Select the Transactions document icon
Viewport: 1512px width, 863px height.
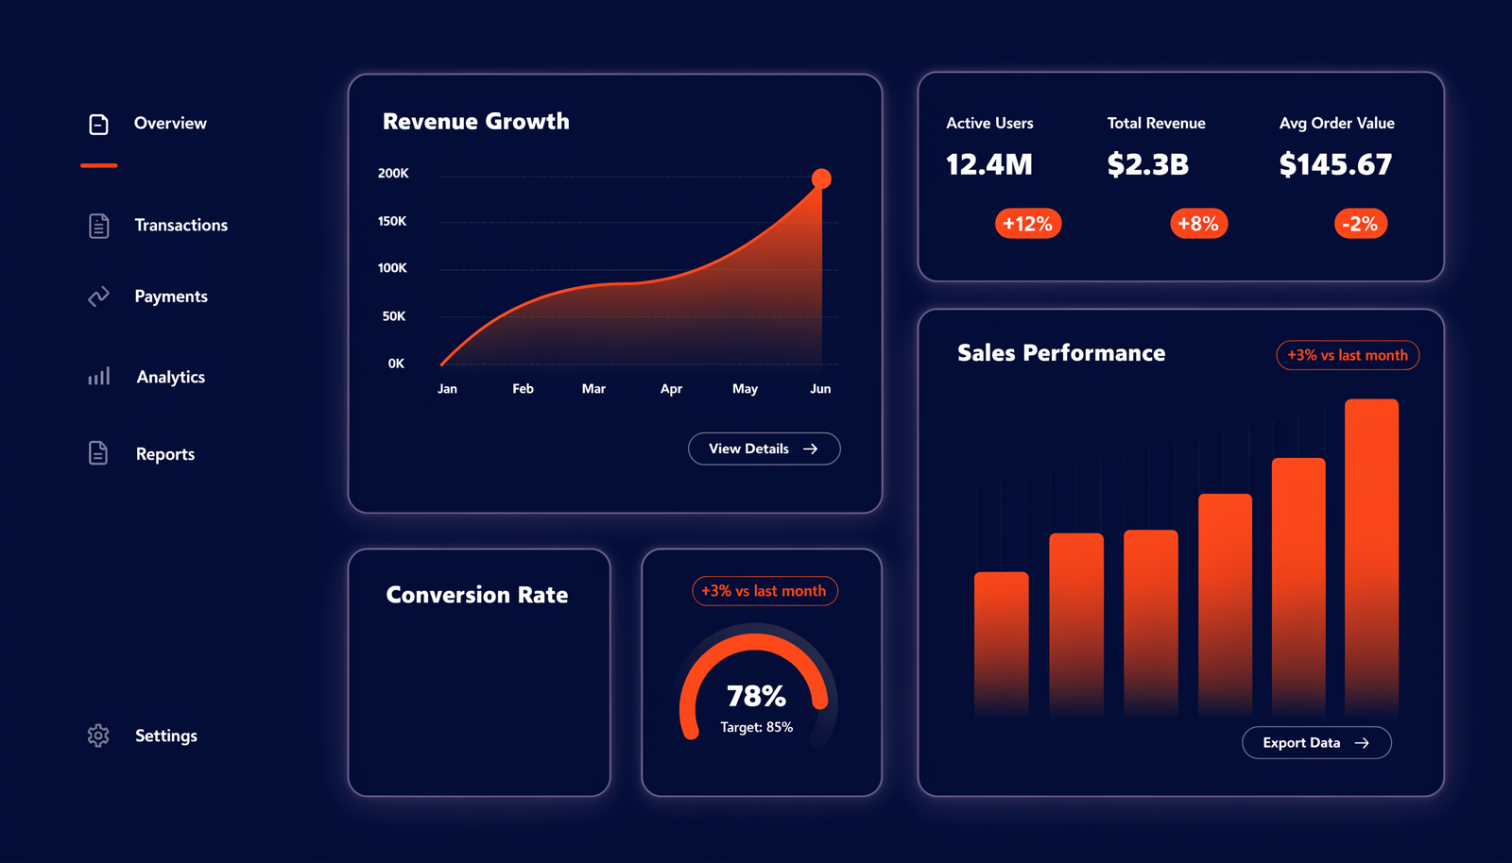98,226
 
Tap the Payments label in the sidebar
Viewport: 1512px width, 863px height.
171,296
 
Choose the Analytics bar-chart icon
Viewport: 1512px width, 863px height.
98,376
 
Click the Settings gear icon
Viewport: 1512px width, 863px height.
98,735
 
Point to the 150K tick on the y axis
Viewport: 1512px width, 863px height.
392,221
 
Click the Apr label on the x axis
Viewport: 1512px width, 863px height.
671,389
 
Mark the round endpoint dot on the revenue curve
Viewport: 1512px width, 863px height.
821,178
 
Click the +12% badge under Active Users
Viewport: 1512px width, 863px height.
1028,223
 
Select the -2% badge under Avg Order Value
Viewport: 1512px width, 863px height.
1361,223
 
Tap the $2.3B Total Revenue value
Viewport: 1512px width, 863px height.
1147,164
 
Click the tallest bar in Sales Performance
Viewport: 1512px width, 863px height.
1371,557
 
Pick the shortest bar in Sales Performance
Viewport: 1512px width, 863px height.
1002,644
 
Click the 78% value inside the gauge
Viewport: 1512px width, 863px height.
756,697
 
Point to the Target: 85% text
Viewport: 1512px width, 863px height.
757,727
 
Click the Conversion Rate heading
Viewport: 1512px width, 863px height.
477,595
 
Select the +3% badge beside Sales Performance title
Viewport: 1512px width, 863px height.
1348,355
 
